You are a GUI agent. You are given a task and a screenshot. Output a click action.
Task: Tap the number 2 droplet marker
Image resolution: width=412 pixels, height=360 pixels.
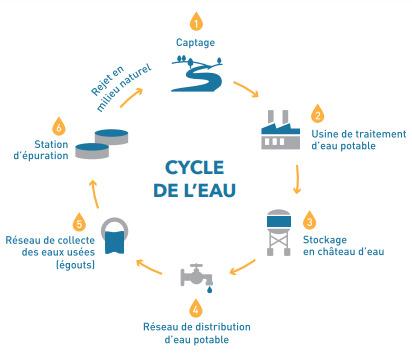coord(318,112)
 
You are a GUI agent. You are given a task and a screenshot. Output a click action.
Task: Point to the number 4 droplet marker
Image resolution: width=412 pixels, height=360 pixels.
coord(195,309)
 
